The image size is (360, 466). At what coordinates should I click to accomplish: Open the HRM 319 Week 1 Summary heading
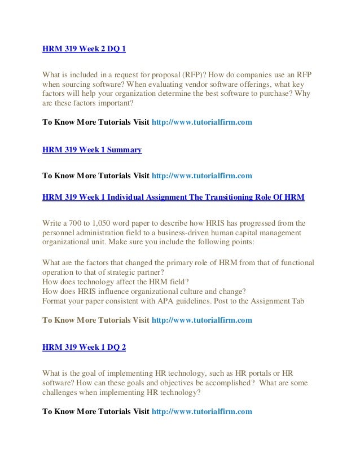92,150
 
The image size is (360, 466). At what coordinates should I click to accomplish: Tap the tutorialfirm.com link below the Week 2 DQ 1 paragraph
203,121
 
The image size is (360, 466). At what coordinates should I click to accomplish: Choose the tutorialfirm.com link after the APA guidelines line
203,320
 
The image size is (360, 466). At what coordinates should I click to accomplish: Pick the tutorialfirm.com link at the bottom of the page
203,411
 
